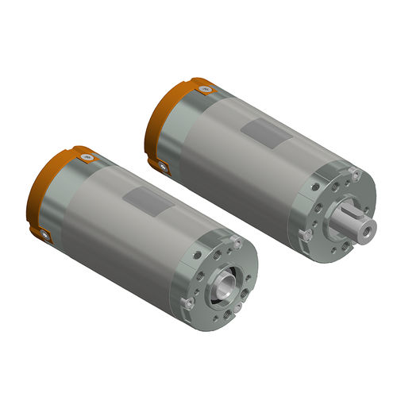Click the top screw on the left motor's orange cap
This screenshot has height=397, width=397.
click(x=85, y=158)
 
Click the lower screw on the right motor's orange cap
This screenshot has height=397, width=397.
click(x=163, y=166)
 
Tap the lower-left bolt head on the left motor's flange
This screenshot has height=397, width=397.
click(x=188, y=303)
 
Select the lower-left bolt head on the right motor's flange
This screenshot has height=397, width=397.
click(x=306, y=235)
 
